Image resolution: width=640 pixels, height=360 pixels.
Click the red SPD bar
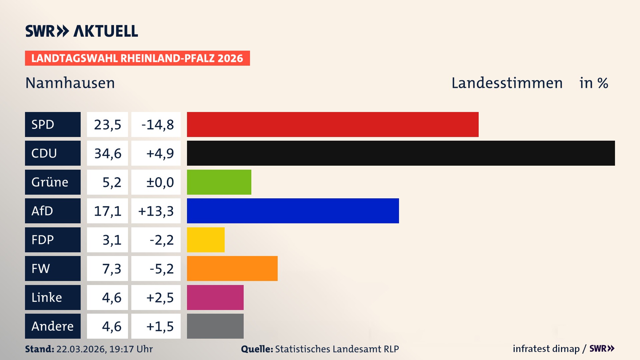(x=333, y=124)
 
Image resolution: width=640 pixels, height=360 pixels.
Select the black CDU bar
(x=401, y=153)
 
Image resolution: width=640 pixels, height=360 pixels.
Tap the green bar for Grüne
(x=219, y=182)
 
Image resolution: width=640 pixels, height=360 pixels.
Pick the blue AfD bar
(x=293, y=211)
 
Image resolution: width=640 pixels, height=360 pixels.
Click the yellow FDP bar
(x=206, y=240)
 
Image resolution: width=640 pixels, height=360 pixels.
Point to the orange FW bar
(x=232, y=268)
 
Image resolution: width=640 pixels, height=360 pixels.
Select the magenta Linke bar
(x=215, y=297)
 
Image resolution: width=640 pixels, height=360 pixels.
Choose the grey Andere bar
(x=215, y=326)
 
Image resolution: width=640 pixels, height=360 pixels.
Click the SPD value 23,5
(x=107, y=125)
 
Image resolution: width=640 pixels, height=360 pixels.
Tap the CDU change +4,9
(x=160, y=153)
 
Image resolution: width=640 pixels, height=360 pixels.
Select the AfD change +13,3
(x=156, y=211)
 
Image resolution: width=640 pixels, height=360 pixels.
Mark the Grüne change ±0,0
(x=160, y=182)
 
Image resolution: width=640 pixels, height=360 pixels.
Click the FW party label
(x=41, y=269)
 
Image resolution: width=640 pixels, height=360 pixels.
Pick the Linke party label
(x=47, y=297)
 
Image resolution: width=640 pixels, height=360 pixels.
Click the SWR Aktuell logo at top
(x=82, y=31)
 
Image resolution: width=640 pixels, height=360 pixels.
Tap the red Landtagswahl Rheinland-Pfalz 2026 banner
(x=137, y=58)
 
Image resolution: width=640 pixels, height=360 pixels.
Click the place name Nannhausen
(x=70, y=83)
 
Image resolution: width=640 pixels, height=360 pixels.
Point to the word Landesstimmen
(x=507, y=83)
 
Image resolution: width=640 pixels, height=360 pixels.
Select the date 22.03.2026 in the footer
(x=81, y=349)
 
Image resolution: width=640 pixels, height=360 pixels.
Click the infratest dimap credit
(x=546, y=349)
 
